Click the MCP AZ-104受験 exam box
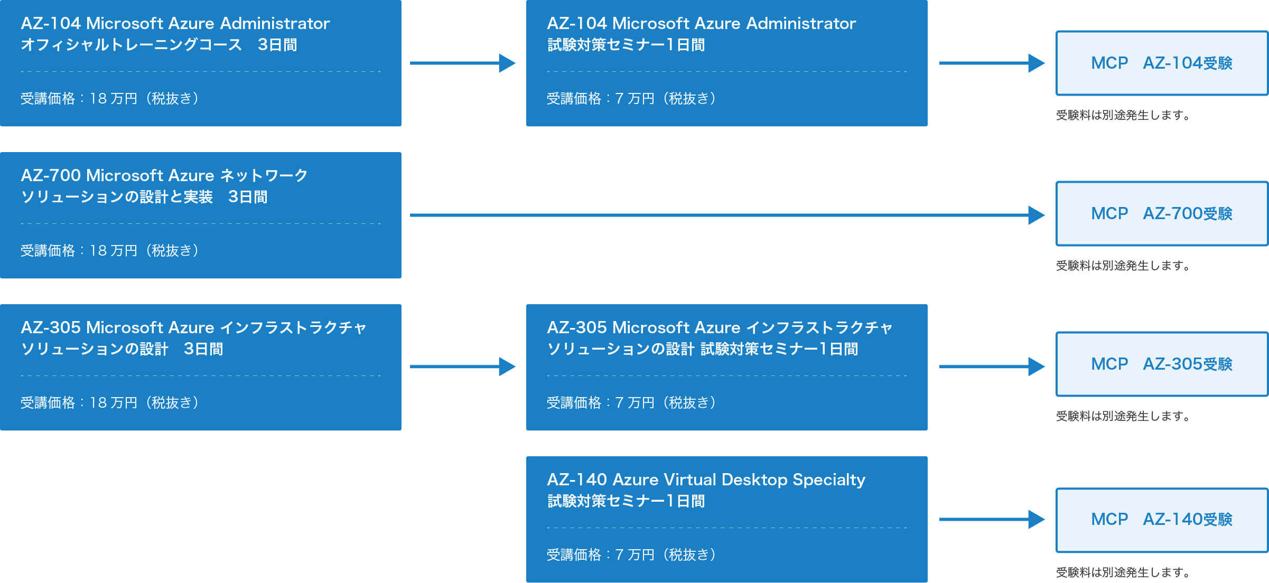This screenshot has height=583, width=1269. click(1162, 63)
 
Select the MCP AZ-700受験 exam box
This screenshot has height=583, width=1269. click(1162, 214)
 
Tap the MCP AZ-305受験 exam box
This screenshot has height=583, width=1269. click(1162, 364)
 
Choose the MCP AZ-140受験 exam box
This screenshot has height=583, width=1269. click(1162, 520)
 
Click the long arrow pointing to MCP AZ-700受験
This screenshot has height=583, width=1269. click(727, 215)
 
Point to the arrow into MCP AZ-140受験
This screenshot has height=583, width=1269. click(992, 519)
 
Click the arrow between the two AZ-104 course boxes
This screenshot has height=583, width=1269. click(463, 63)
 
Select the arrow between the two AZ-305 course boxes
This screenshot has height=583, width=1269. click(463, 366)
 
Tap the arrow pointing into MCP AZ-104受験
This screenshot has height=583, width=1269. click(992, 63)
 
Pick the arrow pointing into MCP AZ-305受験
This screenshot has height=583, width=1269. click(992, 366)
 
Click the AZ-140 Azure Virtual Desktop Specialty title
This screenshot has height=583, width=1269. click(706, 479)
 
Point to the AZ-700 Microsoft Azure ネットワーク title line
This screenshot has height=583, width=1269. click(164, 175)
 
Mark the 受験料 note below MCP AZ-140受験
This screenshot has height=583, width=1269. click(1123, 572)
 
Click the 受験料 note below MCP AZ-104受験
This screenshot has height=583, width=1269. click(1123, 115)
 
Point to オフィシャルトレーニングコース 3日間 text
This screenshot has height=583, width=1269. click(158, 45)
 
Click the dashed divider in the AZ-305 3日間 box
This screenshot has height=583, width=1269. click(201, 375)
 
